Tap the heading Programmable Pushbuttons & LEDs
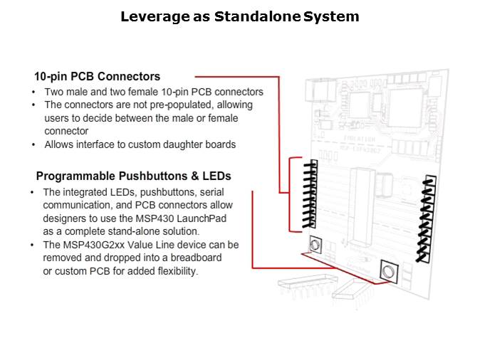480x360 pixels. [x=133, y=176]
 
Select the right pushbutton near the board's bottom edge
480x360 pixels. [x=387, y=271]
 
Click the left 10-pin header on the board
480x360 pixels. [x=310, y=194]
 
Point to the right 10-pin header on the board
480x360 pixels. [x=428, y=218]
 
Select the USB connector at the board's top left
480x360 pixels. [x=315, y=92]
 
